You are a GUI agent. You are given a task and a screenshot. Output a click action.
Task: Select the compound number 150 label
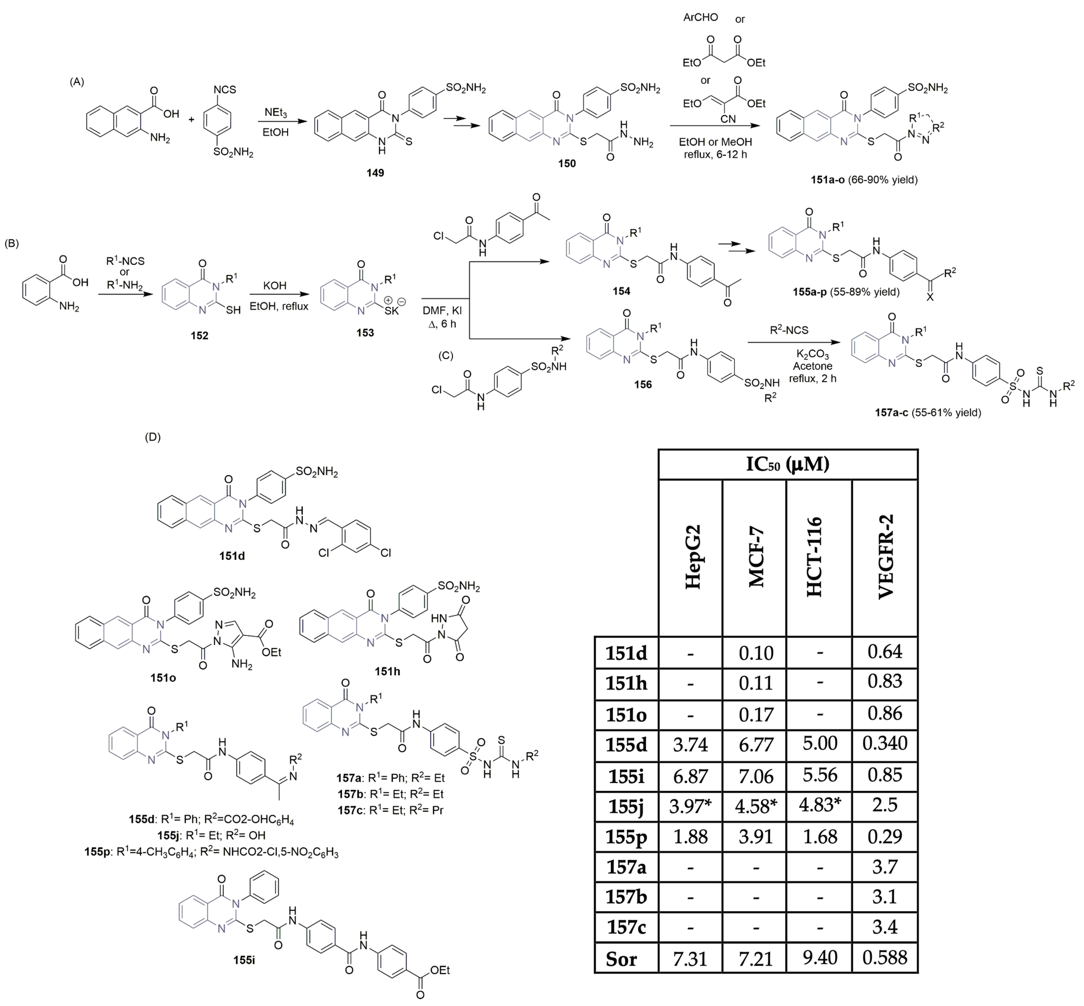pos(567,163)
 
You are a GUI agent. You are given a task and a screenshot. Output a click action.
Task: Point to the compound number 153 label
pos(365,333)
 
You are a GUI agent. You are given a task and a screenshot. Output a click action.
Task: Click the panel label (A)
pos(77,82)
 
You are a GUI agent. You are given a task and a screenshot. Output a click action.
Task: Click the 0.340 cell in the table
pos(885,744)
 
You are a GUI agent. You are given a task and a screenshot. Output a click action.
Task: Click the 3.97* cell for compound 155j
pos(690,805)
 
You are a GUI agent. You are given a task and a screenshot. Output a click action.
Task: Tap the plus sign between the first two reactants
pos(191,119)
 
